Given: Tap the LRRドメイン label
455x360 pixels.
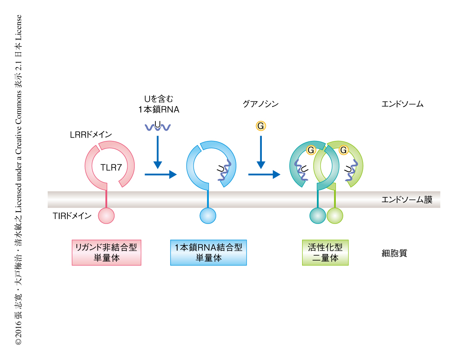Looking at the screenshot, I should click(91, 135).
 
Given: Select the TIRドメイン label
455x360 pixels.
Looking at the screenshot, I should click(72, 215).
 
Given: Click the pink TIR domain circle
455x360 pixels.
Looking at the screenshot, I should click(107, 216).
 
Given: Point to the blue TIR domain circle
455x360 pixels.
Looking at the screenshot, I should click(208, 216).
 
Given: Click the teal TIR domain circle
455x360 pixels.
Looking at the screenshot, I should click(317, 216).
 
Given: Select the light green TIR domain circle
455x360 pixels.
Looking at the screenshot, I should click(335, 216).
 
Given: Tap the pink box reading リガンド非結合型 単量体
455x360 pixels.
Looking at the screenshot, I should click(106, 252).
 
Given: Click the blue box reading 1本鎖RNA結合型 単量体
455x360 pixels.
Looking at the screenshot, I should click(208, 252).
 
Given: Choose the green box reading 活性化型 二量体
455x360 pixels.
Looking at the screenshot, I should click(325, 252).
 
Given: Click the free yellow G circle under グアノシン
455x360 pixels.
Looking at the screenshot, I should click(260, 126).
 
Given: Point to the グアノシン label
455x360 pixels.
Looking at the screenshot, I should click(261, 104).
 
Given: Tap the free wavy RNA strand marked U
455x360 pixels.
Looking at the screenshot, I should click(158, 127).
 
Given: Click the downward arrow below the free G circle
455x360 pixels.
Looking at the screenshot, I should click(261, 152).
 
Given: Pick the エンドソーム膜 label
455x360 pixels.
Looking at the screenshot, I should click(407, 200).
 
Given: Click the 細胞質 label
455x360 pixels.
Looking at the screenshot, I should click(394, 253).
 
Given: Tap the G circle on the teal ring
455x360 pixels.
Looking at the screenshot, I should click(311, 150).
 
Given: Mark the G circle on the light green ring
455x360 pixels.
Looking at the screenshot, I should click(343, 150).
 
